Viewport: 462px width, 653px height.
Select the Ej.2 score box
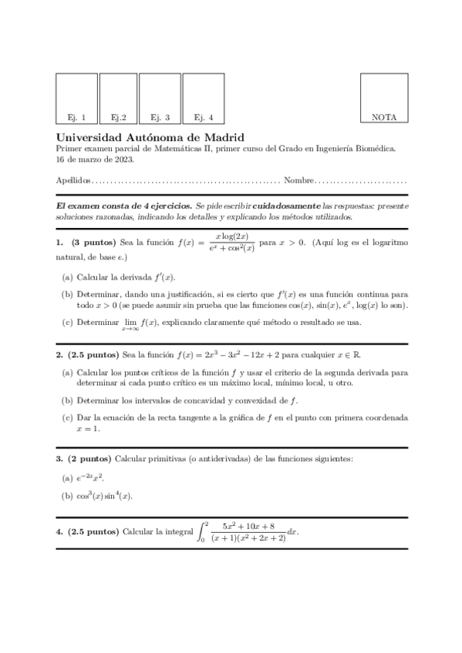coord(118,99)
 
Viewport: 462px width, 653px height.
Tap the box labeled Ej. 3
coord(160,99)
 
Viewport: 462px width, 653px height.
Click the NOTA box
coord(384,99)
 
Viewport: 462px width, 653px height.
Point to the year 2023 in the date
coord(123,159)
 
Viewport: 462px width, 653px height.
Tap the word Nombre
coord(298,181)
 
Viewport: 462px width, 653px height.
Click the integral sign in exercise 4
coord(203,532)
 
